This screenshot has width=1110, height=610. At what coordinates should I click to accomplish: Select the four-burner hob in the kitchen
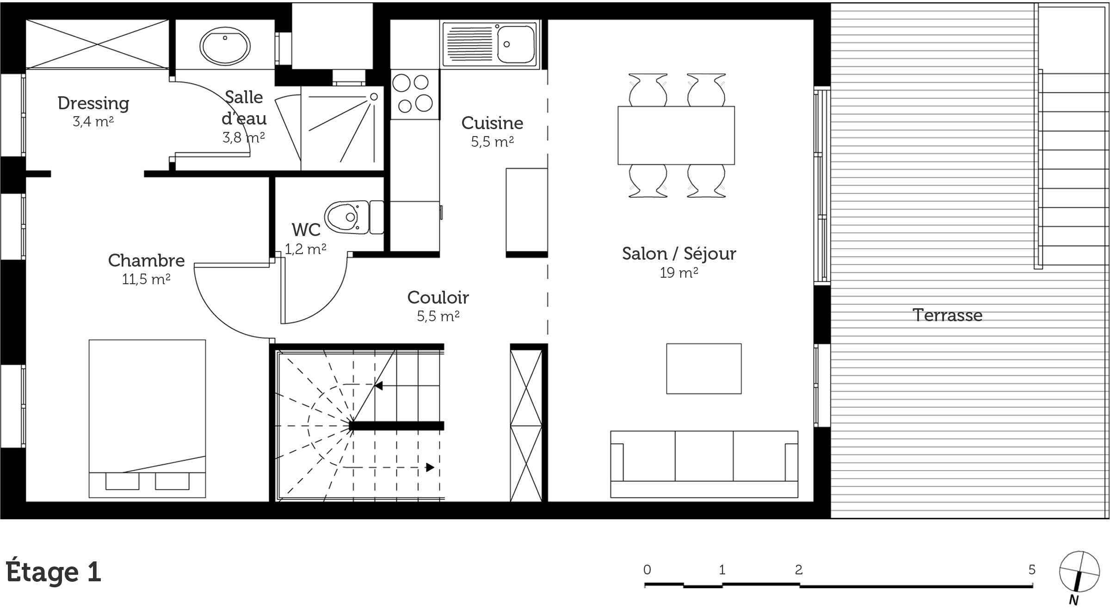point(414,94)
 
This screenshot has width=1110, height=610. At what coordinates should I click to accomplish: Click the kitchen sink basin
point(515,44)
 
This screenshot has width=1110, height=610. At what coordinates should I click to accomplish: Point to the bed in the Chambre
point(147,418)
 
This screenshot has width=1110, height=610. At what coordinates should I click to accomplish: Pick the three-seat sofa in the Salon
point(704,464)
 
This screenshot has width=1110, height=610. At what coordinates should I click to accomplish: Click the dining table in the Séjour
point(676,135)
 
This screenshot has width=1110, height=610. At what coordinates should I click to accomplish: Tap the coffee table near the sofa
point(704,368)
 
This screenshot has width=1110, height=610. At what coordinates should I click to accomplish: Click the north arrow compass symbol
point(1079,572)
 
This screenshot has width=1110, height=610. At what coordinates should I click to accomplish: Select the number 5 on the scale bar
point(1032,569)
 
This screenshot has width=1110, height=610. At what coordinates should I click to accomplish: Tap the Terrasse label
point(948,315)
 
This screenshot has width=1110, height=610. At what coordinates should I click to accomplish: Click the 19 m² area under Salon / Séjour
point(679,273)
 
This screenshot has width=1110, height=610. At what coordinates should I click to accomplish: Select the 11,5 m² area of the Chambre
point(146,279)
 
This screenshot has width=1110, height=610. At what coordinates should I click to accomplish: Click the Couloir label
point(438,298)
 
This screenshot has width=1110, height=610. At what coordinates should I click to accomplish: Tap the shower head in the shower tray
point(374,97)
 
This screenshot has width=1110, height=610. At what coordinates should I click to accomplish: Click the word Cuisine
point(493,123)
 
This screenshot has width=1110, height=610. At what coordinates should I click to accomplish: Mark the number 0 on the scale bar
point(647,570)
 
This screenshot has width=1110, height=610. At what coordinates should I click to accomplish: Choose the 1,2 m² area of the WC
point(305,249)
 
